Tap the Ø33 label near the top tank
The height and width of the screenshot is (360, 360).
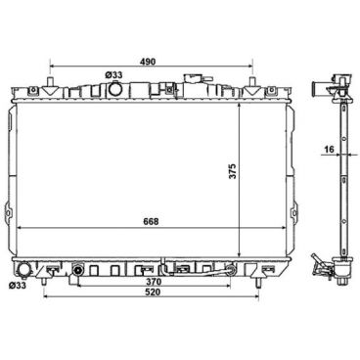pyautogui.click(x=114, y=73)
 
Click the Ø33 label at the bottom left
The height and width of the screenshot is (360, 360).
pyautogui.click(x=17, y=286)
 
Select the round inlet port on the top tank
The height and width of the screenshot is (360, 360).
pyautogui.click(x=115, y=89)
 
